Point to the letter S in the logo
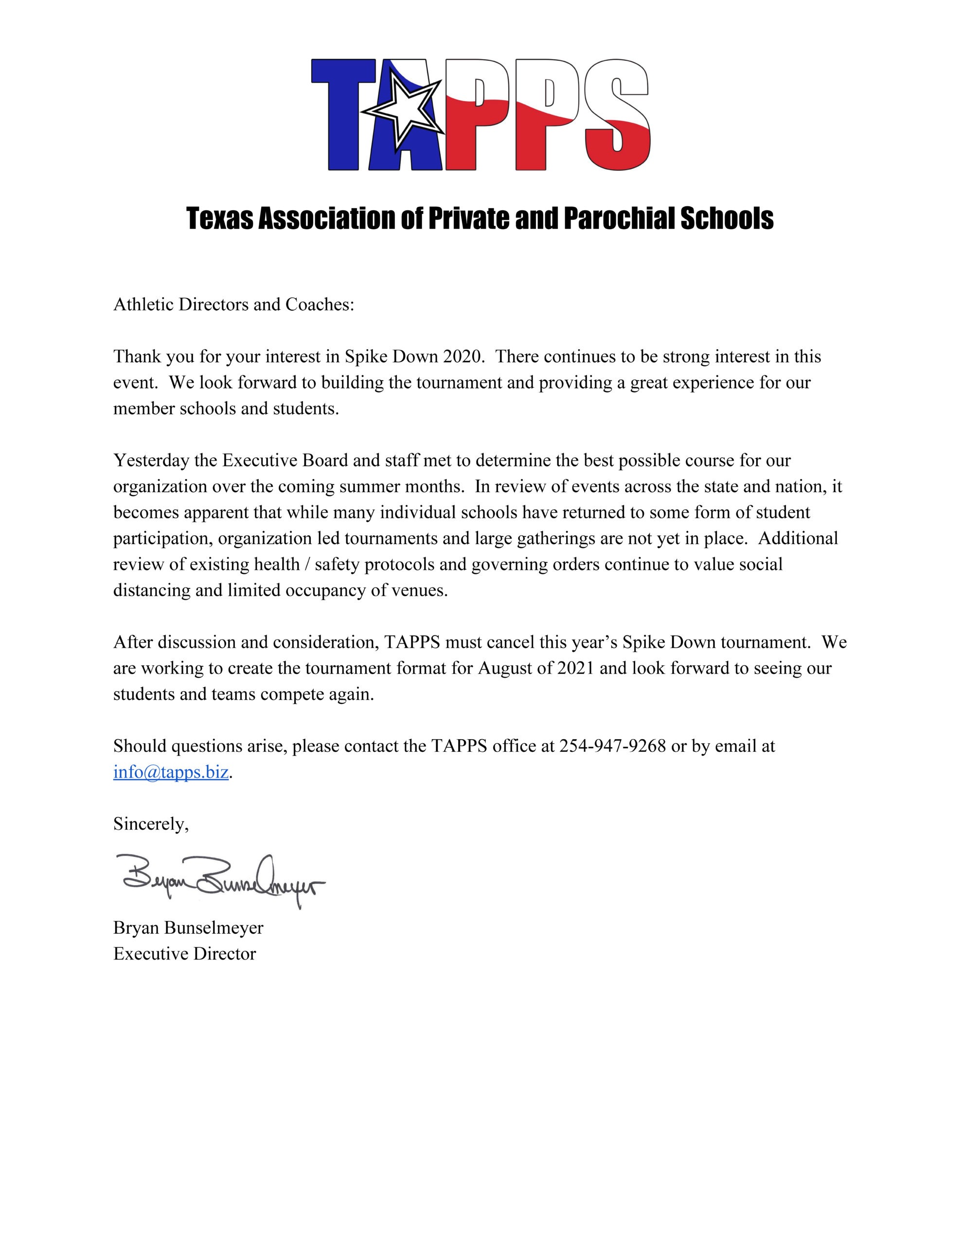(x=618, y=114)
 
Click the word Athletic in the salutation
(x=143, y=304)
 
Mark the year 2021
(x=576, y=668)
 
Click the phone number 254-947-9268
(x=612, y=746)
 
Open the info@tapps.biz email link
(x=171, y=772)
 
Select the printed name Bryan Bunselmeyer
(x=188, y=927)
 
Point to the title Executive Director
(x=185, y=954)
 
